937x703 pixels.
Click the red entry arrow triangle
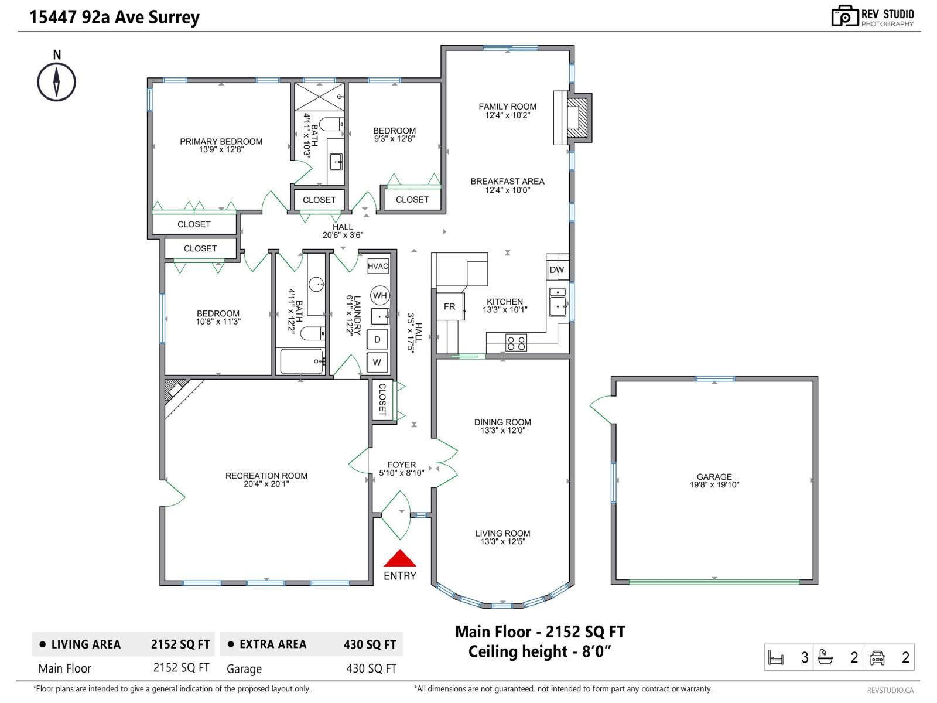[399, 558]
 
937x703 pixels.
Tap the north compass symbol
[56, 82]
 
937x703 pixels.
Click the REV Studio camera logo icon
[844, 16]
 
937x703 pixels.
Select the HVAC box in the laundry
[378, 266]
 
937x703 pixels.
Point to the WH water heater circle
[379, 295]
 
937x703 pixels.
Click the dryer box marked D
[377, 340]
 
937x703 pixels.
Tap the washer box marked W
[377, 363]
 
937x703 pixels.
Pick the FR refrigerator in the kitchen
[450, 306]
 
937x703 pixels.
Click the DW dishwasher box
[557, 269]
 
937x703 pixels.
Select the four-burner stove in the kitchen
[516, 343]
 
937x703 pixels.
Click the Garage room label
[714, 476]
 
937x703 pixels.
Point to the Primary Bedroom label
[221, 141]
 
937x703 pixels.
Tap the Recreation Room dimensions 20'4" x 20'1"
[266, 484]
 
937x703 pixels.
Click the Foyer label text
[401, 465]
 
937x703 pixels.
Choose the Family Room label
[507, 106]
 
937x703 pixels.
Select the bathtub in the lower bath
[302, 361]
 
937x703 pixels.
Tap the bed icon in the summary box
[775, 657]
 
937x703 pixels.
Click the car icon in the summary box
[877, 657]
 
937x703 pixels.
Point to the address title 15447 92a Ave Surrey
[114, 17]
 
